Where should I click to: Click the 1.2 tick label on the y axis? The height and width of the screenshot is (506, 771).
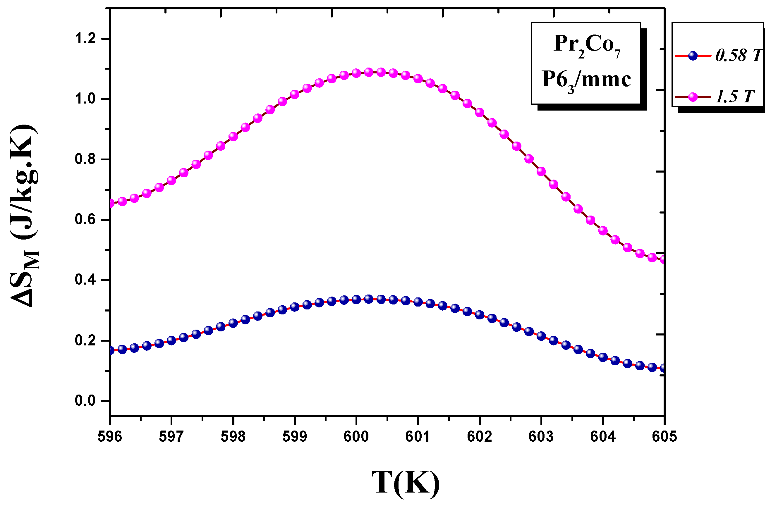click(x=85, y=39)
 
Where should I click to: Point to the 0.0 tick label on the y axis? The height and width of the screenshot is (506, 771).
click(x=85, y=401)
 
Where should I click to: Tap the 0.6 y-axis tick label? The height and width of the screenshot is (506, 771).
click(x=85, y=220)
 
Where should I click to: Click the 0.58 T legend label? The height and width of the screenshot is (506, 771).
click(x=739, y=56)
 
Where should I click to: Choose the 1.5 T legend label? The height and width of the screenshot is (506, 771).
click(x=735, y=97)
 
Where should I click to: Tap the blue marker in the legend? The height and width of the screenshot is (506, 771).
click(x=693, y=56)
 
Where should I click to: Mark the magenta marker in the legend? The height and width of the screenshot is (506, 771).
click(x=693, y=97)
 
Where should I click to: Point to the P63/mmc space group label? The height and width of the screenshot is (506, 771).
click(x=586, y=80)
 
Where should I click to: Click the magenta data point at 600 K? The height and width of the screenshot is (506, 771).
click(x=356, y=73)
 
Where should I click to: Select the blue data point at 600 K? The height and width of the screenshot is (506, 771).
click(x=356, y=300)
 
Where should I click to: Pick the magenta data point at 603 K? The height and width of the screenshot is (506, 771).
click(x=541, y=171)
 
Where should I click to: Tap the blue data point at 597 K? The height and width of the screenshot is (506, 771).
click(x=171, y=340)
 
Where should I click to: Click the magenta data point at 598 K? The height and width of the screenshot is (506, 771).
click(x=233, y=136)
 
